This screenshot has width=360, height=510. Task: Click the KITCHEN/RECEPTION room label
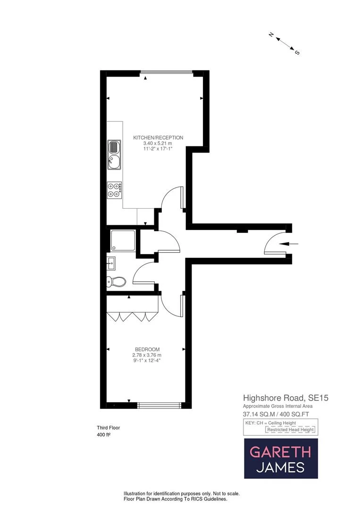158,137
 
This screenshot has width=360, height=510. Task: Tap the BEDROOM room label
147,349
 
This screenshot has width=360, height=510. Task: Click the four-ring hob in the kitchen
114,190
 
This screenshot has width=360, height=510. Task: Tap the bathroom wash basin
111,262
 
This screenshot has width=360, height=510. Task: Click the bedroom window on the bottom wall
159,405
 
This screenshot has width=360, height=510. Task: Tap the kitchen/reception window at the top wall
166,73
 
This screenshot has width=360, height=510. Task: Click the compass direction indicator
285,43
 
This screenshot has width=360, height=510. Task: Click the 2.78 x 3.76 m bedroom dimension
147,355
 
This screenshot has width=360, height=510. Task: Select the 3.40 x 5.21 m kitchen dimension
158,143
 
